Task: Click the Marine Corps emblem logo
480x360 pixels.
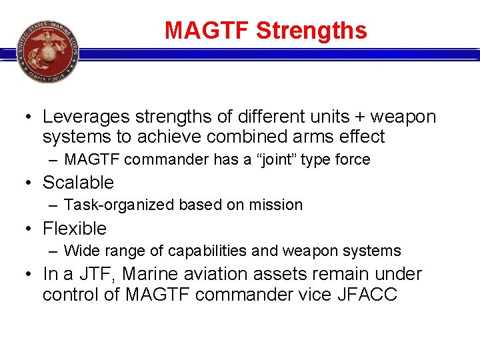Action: (x=47, y=50)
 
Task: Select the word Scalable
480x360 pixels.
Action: (x=78, y=183)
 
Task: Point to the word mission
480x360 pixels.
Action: (x=277, y=205)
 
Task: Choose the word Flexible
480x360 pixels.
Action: (x=75, y=229)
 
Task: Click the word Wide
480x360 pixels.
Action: (x=79, y=251)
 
